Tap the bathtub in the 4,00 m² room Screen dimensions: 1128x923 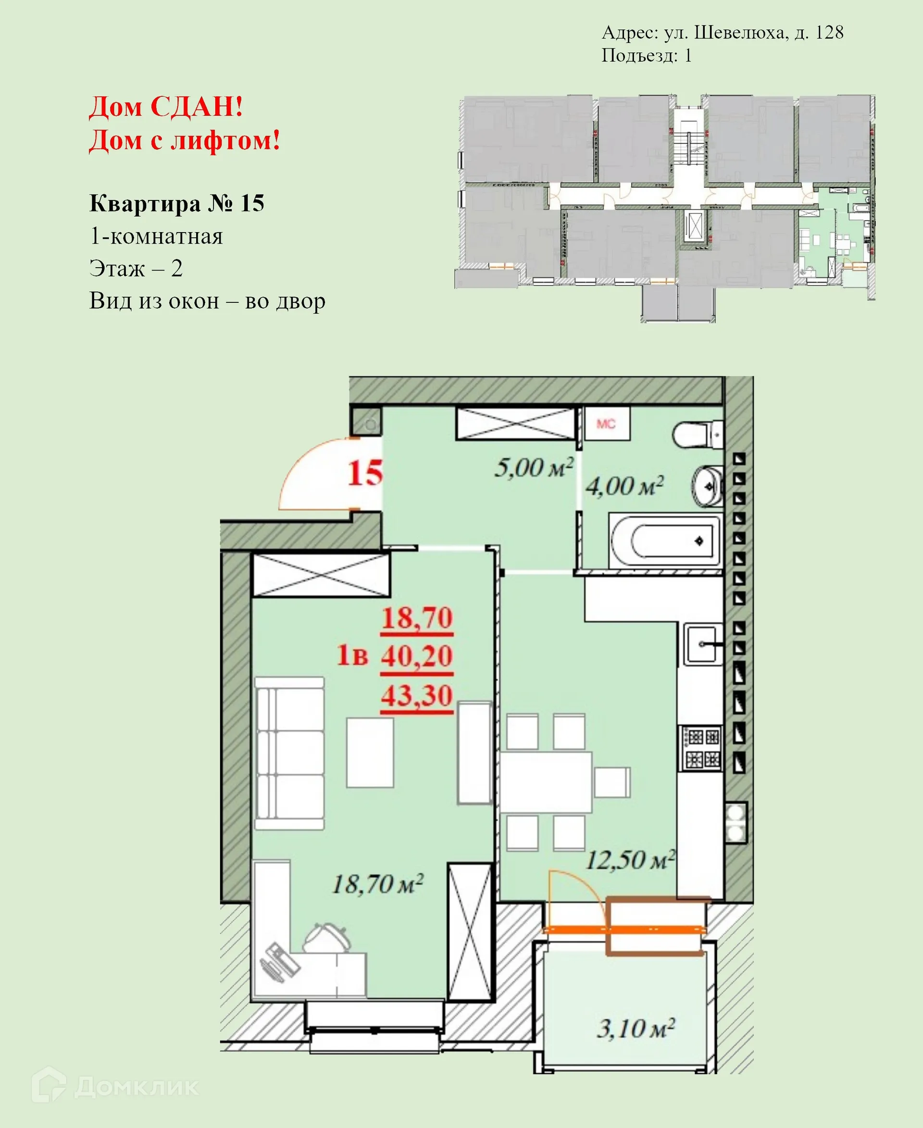click(664, 541)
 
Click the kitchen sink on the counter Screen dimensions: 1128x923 click(703, 644)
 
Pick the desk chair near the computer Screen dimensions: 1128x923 click(327, 937)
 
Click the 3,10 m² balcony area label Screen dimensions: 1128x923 click(636, 1029)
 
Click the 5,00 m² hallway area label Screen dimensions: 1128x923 click(534, 467)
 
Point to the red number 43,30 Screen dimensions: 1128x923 click(416, 695)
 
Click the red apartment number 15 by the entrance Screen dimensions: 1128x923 click(365, 472)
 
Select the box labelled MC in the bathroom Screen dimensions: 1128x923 click(606, 424)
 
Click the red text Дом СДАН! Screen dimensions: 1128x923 click(166, 107)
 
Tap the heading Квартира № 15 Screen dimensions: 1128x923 click(176, 203)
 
